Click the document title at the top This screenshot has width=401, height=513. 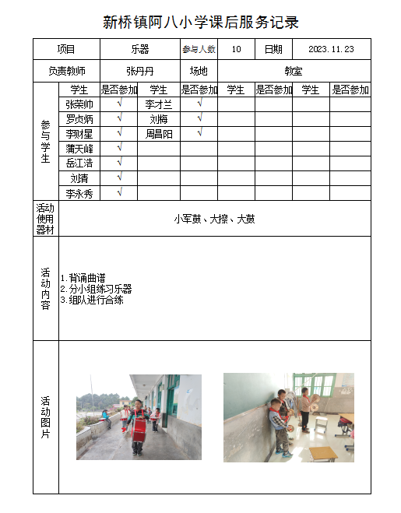coord(201,22)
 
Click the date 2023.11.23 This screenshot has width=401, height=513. coord(331,49)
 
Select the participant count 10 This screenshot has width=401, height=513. coord(237,49)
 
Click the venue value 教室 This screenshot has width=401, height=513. coord(293,70)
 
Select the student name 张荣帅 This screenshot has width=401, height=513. coord(79,104)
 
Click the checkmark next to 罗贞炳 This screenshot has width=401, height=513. coord(119,118)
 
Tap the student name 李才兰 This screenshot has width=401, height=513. coord(159,104)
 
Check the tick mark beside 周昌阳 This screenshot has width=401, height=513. coord(199,133)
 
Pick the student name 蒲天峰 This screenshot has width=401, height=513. coord(79,148)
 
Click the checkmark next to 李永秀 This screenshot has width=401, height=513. coord(119,192)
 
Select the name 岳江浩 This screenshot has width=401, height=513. coord(79,163)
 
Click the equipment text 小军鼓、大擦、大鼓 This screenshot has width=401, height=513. coord(214,219)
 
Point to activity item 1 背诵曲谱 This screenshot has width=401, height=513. coord(84,278)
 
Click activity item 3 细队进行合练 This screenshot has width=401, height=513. coord(93,300)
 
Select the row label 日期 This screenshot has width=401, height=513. coord(273,49)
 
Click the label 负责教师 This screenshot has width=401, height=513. coord(67,70)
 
